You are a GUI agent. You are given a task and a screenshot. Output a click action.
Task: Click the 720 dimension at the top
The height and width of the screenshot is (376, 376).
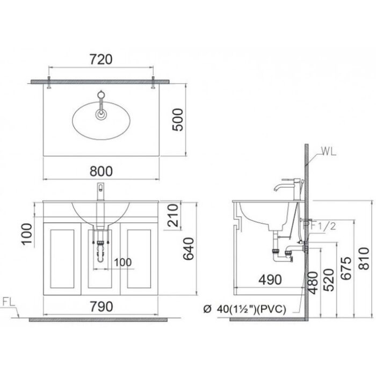[100, 59]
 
